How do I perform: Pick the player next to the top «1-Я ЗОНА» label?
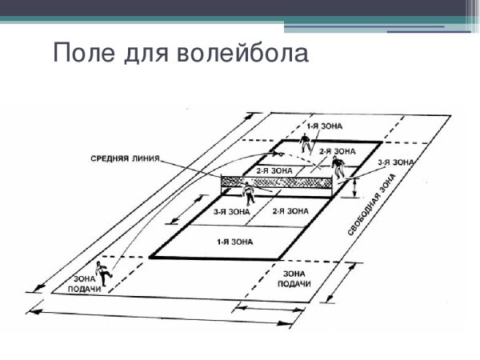[x=304, y=142]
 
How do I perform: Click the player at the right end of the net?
[x=338, y=167]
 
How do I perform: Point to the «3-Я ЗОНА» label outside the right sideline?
[x=396, y=163]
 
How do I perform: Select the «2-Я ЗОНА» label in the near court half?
[x=290, y=211]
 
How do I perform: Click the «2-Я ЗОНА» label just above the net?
[x=274, y=170]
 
